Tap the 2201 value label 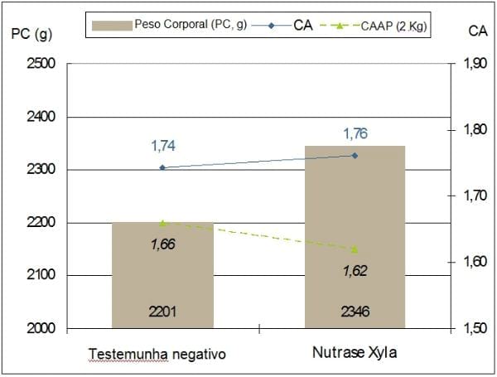pyautogui.click(x=162, y=312)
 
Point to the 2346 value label pyautogui.click(x=355, y=312)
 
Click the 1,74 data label pyautogui.click(x=163, y=146)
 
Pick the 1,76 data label pyautogui.click(x=355, y=133)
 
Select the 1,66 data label pyautogui.click(x=162, y=244)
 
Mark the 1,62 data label pyautogui.click(x=355, y=270)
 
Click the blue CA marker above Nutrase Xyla pyautogui.click(x=355, y=155)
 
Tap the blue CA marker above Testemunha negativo pyautogui.click(x=162, y=167)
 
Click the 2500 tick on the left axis pyautogui.click(x=41, y=64)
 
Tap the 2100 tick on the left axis pyautogui.click(x=41, y=275)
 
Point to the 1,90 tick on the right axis pyautogui.click(x=475, y=64)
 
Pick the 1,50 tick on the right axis pyautogui.click(x=475, y=328)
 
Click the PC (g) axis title pyautogui.click(x=30, y=34)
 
